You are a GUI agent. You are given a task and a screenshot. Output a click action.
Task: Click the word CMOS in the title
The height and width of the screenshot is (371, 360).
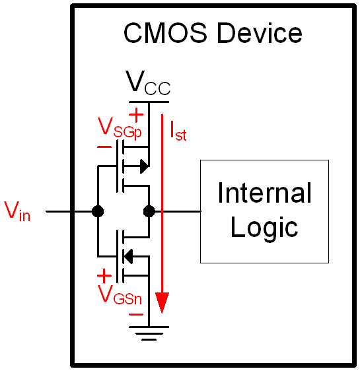165,33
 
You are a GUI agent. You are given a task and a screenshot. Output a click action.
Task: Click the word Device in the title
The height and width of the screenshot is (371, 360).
260,33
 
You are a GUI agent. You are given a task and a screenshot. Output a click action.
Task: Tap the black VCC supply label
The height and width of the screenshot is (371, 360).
148,83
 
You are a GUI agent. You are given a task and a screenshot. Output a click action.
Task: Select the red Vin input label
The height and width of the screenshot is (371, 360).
18,211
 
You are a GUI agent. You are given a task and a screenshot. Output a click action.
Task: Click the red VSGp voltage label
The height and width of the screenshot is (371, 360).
120,128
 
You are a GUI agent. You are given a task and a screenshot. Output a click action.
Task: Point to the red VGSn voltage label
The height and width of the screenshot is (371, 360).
120,295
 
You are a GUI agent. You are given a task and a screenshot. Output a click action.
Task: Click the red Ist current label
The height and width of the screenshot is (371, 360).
178,131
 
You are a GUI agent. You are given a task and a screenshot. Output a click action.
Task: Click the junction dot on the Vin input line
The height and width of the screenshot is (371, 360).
98,211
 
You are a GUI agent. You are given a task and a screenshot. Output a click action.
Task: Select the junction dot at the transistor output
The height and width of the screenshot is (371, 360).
149,211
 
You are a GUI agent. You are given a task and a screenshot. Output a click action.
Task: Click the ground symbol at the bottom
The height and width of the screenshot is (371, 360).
149,333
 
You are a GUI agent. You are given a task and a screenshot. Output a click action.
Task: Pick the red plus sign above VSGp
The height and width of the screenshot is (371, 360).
136,115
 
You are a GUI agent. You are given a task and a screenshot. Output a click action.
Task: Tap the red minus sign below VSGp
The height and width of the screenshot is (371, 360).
104,147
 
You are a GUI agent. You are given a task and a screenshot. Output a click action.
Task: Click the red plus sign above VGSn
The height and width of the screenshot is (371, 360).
104,276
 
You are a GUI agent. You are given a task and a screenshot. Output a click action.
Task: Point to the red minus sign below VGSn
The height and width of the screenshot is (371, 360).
136,314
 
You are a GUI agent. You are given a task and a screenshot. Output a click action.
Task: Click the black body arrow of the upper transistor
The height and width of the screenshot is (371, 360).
145,166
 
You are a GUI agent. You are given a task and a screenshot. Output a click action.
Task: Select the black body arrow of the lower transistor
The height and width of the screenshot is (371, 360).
128,257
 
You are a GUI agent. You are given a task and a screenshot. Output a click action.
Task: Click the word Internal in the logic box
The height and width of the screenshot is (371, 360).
264,193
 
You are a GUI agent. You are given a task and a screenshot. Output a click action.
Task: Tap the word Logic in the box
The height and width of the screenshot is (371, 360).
264,228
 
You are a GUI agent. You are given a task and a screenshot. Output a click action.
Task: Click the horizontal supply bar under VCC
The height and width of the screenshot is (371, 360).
149,102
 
